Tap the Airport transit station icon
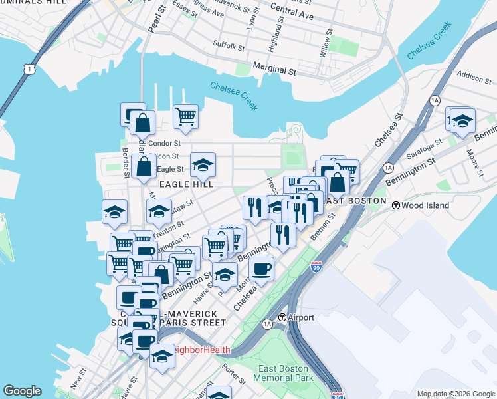click(282, 317)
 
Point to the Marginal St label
click(274, 69)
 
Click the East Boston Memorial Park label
click(283, 373)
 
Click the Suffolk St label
click(229, 46)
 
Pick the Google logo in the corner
click(22, 391)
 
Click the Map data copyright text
click(455, 394)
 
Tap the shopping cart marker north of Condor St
click(185, 118)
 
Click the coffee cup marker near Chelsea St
click(262, 269)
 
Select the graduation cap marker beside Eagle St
click(203, 164)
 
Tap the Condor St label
click(165, 143)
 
